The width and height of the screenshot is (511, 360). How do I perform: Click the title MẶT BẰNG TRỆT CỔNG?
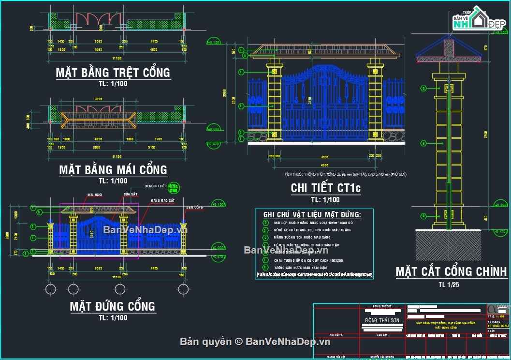[113, 73]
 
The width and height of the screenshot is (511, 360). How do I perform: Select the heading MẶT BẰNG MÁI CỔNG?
[113, 170]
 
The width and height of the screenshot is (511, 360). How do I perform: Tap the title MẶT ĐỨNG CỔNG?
[113, 306]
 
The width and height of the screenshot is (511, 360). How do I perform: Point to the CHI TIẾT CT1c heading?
[325, 188]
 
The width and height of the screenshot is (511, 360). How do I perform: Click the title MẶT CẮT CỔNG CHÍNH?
[451, 271]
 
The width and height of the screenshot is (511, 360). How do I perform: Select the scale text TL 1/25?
[449, 285]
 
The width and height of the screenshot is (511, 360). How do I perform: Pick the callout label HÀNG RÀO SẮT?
[162, 200]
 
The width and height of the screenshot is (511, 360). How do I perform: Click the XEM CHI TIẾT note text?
[156, 186]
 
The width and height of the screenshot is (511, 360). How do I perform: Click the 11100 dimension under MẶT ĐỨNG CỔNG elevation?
[116, 275]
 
